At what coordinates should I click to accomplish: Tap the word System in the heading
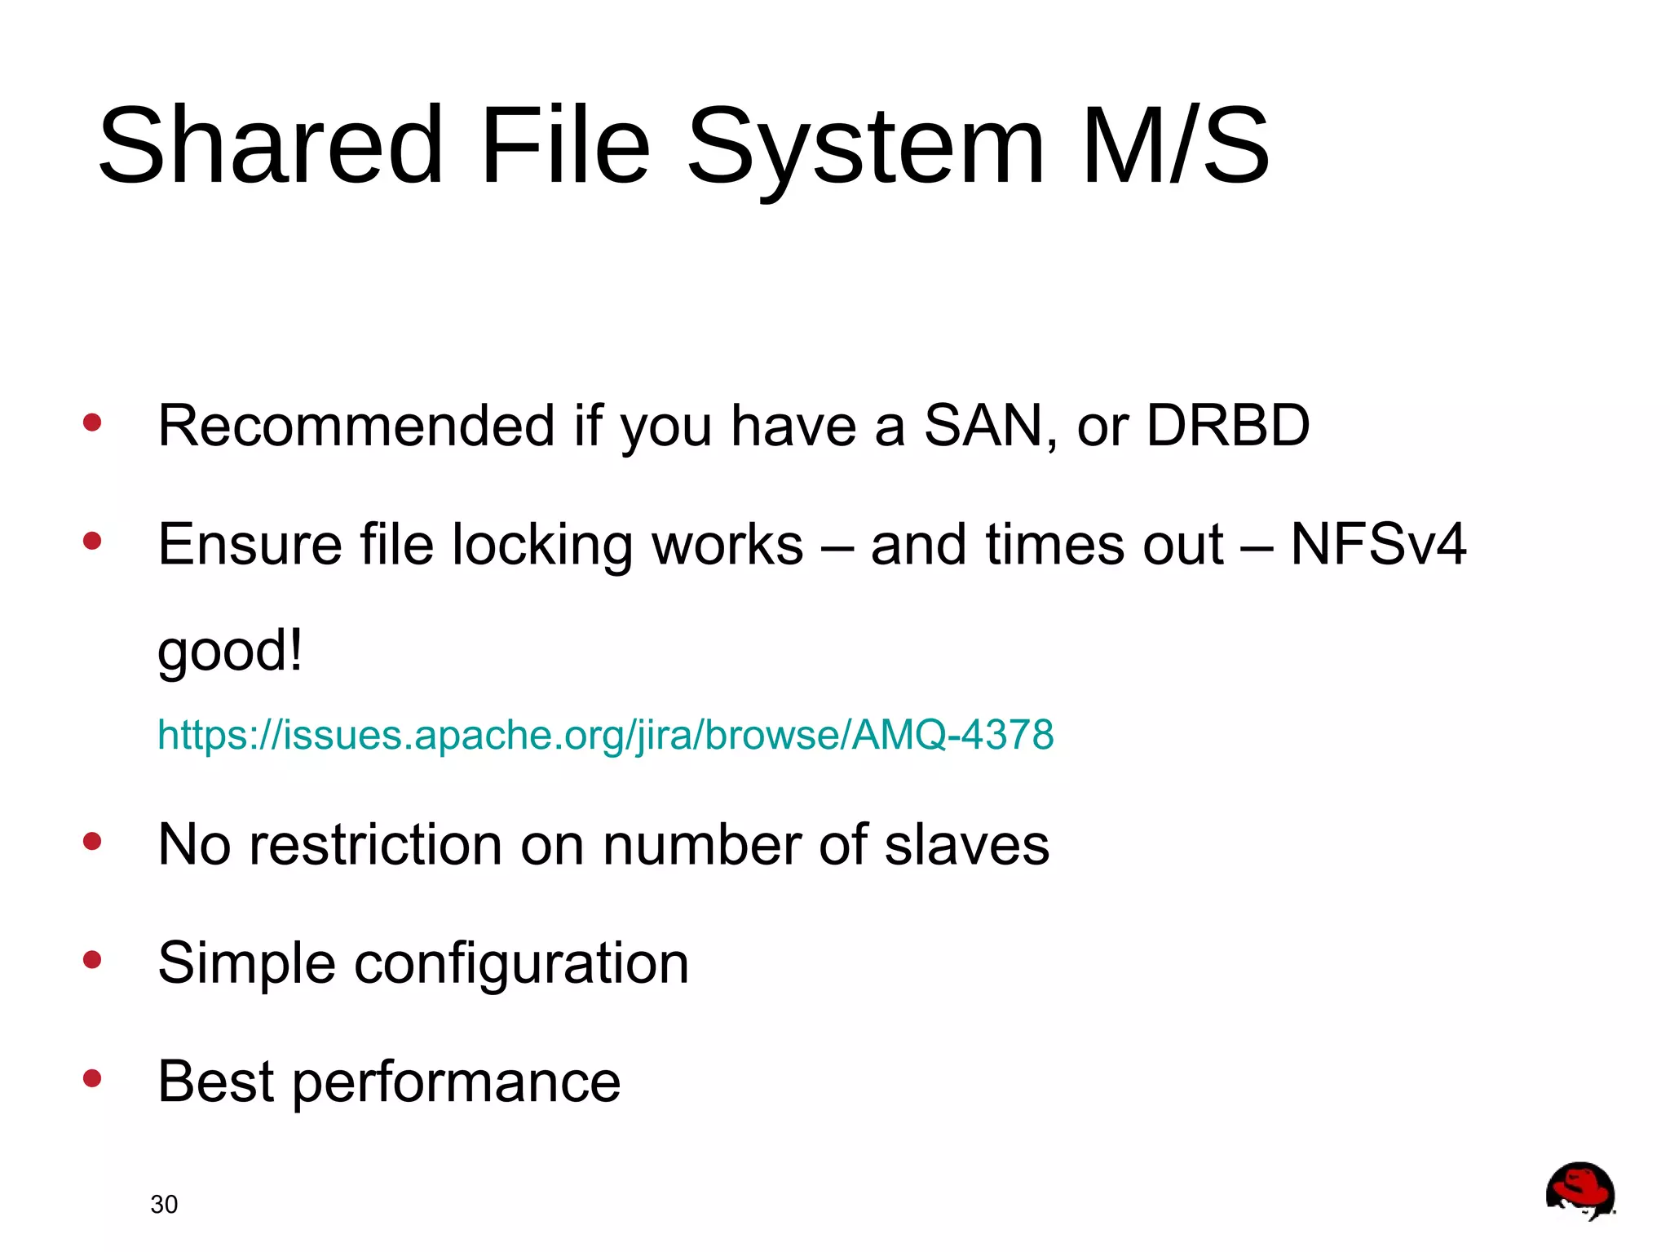(866, 147)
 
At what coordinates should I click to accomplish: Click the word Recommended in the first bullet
(356, 426)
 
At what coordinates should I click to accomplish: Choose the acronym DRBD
(1227, 426)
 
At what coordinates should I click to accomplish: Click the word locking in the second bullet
(542, 545)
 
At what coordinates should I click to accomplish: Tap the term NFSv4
(1378, 544)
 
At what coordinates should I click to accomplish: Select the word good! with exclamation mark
(230, 651)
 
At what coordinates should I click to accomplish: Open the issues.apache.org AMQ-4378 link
(605, 735)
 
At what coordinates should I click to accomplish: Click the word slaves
(967, 845)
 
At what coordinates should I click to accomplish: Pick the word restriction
(376, 845)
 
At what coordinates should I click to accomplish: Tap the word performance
(457, 1082)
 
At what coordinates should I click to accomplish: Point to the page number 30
(164, 1204)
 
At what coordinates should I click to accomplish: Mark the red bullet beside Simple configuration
(92, 959)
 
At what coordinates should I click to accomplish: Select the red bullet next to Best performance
(92, 1078)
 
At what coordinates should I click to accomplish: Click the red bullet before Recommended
(92, 422)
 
